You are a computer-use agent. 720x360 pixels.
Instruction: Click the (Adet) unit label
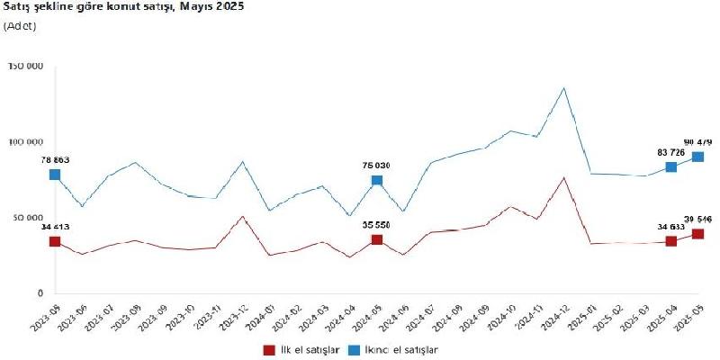click(20, 26)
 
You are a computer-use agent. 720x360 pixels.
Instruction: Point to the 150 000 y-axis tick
click(25, 67)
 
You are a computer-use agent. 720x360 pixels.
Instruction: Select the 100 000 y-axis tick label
click(25, 142)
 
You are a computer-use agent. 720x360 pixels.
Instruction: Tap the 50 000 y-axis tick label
click(27, 218)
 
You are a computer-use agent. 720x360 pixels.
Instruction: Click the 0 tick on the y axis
click(40, 293)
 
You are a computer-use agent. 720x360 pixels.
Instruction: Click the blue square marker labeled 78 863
click(55, 175)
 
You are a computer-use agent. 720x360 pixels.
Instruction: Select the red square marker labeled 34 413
click(55, 241)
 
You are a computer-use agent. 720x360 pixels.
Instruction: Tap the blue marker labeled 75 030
click(377, 180)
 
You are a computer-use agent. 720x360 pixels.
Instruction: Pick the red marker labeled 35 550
click(377, 239)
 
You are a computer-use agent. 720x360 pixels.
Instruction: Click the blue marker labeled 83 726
click(671, 166)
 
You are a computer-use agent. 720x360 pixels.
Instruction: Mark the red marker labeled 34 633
click(671, 241)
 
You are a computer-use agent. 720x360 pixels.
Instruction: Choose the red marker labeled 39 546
click(697, 234)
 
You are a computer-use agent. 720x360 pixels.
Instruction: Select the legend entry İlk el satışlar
click(301, 348)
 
